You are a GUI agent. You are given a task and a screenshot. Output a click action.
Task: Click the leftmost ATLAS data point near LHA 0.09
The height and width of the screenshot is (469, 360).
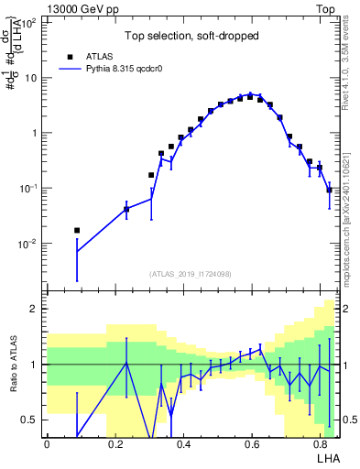[77, 230]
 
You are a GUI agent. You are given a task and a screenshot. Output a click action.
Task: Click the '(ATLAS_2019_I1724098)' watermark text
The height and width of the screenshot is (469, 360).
[191, 274]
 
